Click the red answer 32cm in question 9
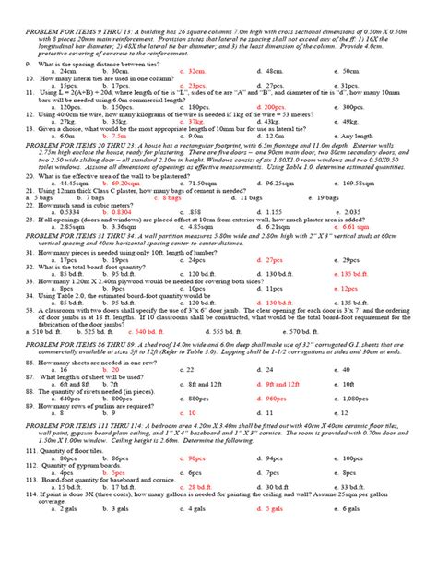(x=195, y=71)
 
